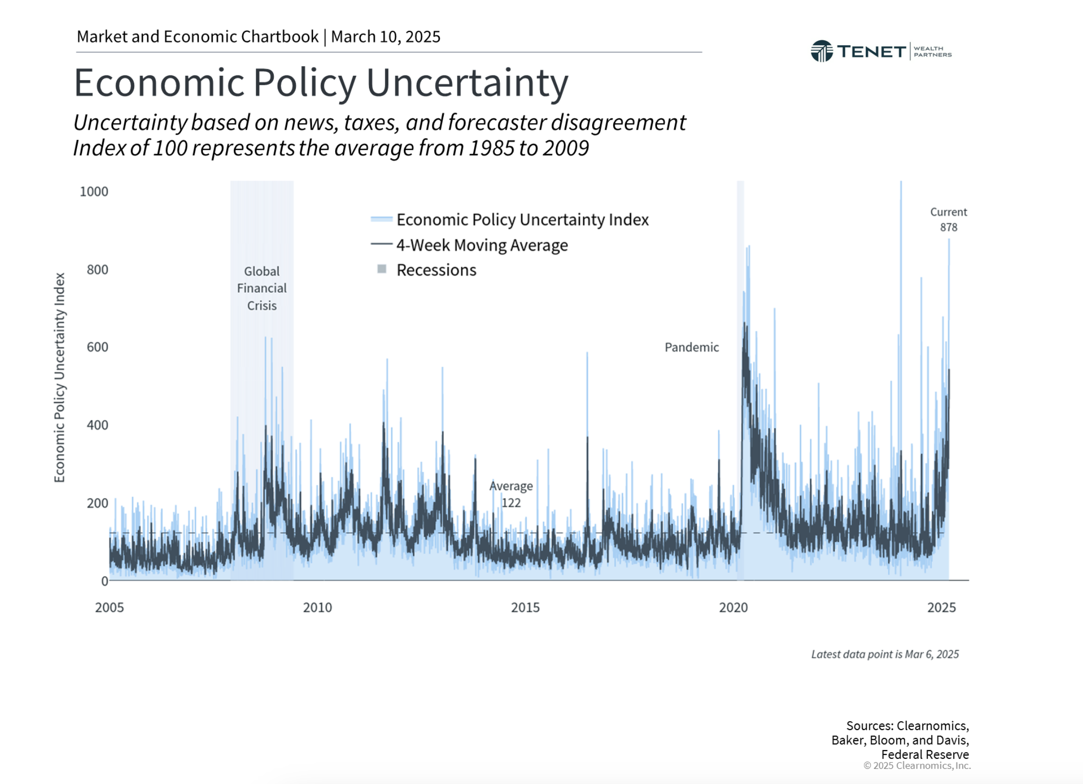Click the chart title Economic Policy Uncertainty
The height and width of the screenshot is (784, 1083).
(x=320, y=83)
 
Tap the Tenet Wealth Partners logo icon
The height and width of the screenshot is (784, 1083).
(x=821, y=51)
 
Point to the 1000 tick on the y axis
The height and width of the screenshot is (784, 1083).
(x=94, y=192)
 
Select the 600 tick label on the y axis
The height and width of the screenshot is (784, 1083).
(x=97, y=347)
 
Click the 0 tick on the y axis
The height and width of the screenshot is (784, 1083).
(x=104, y=581)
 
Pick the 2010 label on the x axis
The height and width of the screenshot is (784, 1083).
(x=317, y=608)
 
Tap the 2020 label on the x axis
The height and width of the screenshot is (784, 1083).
(x=733, y=608)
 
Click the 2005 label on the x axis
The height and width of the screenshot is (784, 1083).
(x=110, y=608)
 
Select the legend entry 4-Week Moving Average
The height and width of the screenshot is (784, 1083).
(x=482, y=245)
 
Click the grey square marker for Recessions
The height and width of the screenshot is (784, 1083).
(x=382, y=269)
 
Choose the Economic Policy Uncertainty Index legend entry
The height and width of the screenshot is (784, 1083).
(x=522, y=220)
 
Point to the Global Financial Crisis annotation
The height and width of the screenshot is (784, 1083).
(x=262, y=288)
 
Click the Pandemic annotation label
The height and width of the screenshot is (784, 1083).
(x=691, y=347)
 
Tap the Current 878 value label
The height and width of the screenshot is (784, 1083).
(x=948, y=220)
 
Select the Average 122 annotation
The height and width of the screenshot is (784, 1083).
(x=511, y=494)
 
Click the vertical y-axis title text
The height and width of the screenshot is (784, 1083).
(x=59, y=377)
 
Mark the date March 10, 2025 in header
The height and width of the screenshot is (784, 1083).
(x=386, y=37)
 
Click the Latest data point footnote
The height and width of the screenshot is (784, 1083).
(x=884, y=654)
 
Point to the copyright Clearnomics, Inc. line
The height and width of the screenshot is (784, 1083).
(x=917, y=765)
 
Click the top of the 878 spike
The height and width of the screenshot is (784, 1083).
(x=949, y=240)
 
